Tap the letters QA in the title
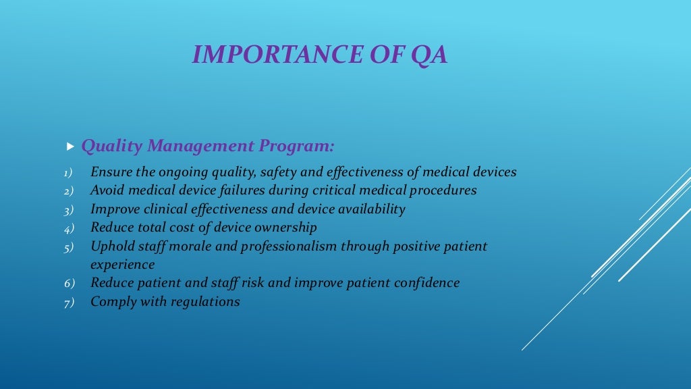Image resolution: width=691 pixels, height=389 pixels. pos(429,55)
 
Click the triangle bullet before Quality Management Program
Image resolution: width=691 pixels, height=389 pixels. pos(70,146)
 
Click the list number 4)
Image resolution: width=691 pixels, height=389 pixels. pos(68,228)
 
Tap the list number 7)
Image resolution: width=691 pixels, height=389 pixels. pos(68,303)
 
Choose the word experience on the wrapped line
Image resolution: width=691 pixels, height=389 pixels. pos(122,265)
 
